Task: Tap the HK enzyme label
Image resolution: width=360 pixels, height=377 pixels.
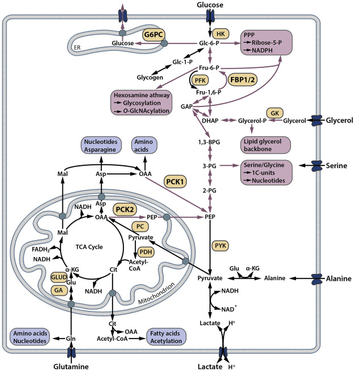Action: pyautogui.click(x=221, y=33)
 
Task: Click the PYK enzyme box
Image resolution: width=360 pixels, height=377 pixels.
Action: pyautogui.click(x=222, y=245)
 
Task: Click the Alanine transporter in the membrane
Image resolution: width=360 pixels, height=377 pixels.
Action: pyautogui.click(x=312, y=278)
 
